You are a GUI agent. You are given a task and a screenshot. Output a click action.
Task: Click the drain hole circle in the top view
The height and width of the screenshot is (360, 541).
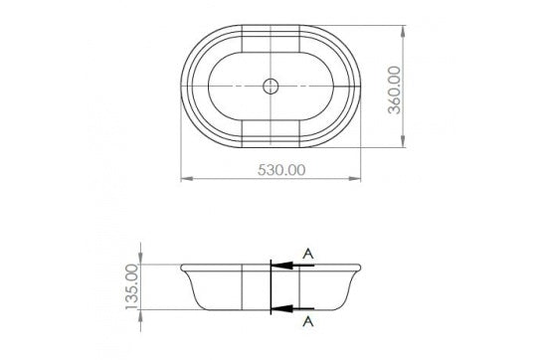(270, 87)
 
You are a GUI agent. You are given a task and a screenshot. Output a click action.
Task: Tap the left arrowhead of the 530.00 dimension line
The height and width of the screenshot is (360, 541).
(185, 180)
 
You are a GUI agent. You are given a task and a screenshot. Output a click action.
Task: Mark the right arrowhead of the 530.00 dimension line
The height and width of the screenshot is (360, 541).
(356, 180)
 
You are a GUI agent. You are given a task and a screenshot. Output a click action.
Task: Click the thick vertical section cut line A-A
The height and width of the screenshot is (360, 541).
(270, 286)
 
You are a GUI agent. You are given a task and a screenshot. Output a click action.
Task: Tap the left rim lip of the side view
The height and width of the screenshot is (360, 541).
(185, 267)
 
